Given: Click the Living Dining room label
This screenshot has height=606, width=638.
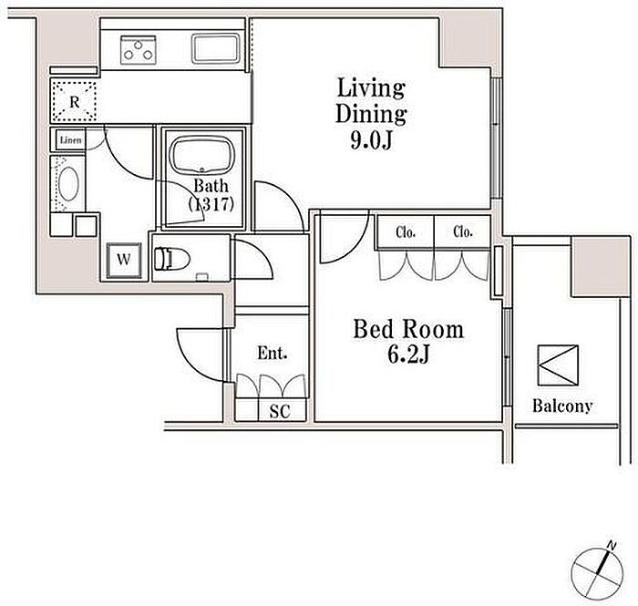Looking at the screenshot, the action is [371, 100].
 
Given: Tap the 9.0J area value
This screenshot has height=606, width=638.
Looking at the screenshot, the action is [371, 140].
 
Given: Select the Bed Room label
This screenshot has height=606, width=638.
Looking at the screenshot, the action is [408, 329].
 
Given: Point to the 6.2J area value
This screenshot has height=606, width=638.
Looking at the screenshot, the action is [408, 354].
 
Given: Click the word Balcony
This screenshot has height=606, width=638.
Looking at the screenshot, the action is [562, 406].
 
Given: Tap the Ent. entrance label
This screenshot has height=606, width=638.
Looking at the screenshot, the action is [273, 353].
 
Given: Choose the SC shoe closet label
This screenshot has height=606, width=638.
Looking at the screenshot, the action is [280, 411].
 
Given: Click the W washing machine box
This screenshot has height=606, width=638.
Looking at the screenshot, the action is [124, 261].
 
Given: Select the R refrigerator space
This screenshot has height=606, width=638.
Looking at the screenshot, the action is [74, 101].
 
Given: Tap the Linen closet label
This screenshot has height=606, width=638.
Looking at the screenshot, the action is [71, 140].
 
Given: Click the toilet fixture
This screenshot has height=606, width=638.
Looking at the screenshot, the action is [172, 259].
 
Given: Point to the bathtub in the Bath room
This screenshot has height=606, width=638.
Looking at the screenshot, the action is [201, 156].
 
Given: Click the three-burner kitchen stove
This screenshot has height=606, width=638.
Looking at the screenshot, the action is [138, 49].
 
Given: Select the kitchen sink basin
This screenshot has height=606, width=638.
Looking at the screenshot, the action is [216, 49].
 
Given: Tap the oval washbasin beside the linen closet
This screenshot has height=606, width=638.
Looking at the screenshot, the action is [68, 184].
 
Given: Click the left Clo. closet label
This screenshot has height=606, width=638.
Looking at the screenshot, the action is [406, 232].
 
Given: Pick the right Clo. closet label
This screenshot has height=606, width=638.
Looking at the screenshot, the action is [463, 231].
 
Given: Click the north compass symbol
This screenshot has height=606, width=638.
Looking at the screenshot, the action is [597, 572].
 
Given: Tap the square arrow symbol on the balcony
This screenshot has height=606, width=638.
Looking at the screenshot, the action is [558, 365].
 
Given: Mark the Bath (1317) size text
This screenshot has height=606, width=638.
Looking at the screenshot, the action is [211, 195].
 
